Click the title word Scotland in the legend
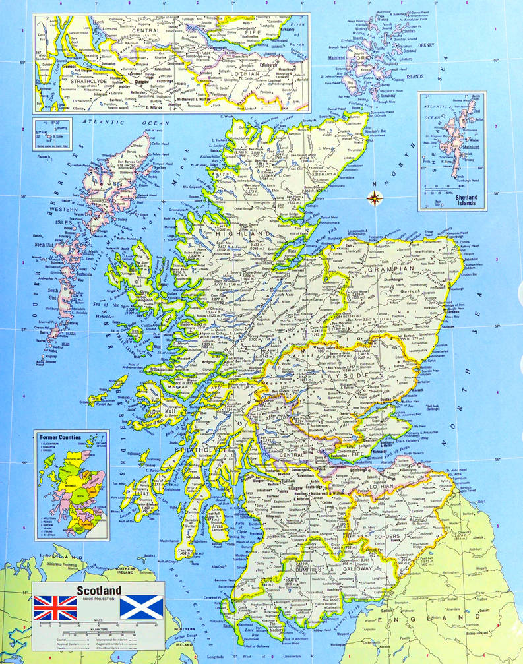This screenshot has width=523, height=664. coord(99,589)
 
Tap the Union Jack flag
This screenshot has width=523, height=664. coord(55,607)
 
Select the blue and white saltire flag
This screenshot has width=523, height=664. coord(141,607)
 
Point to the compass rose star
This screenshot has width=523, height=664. coord(375,196)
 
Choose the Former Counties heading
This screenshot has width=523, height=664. coord(61,437)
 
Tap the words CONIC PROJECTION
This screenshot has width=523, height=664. coord(99,599)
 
